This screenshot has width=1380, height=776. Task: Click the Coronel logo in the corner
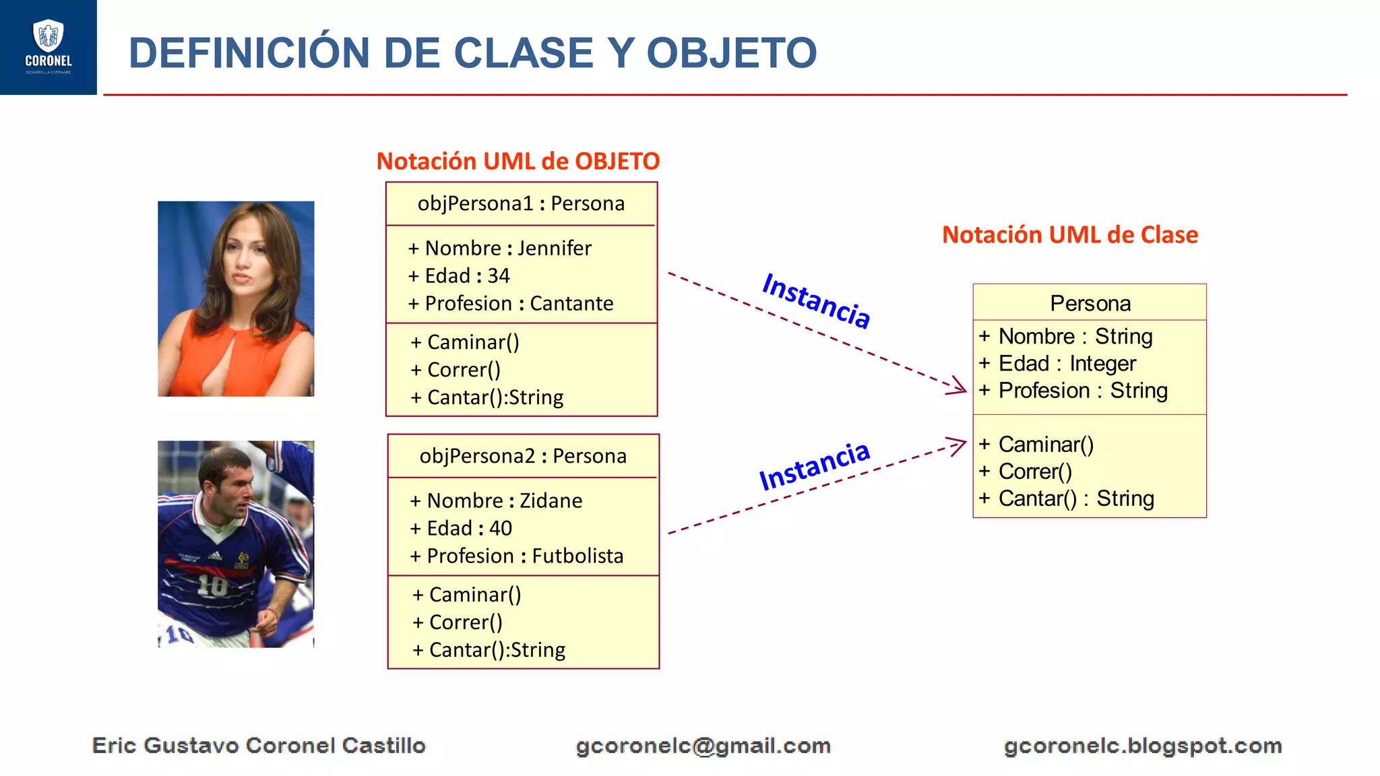48,46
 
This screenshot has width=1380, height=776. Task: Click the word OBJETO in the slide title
731,53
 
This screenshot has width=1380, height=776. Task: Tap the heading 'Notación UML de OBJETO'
517,162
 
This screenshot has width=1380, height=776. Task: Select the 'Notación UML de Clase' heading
1069,235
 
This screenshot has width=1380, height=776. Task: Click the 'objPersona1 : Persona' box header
521,203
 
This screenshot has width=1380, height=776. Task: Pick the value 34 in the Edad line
499,276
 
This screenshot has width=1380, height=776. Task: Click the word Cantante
571,304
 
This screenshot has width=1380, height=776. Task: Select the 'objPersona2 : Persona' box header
523,456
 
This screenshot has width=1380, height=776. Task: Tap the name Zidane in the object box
551,501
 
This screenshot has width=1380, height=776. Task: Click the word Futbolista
577,556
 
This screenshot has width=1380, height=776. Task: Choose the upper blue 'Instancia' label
816,301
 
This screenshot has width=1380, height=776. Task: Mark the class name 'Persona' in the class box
1090,304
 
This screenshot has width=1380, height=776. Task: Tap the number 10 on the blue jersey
212,585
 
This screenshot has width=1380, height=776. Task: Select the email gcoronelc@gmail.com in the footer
703,746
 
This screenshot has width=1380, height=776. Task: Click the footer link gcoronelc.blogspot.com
1142,746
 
